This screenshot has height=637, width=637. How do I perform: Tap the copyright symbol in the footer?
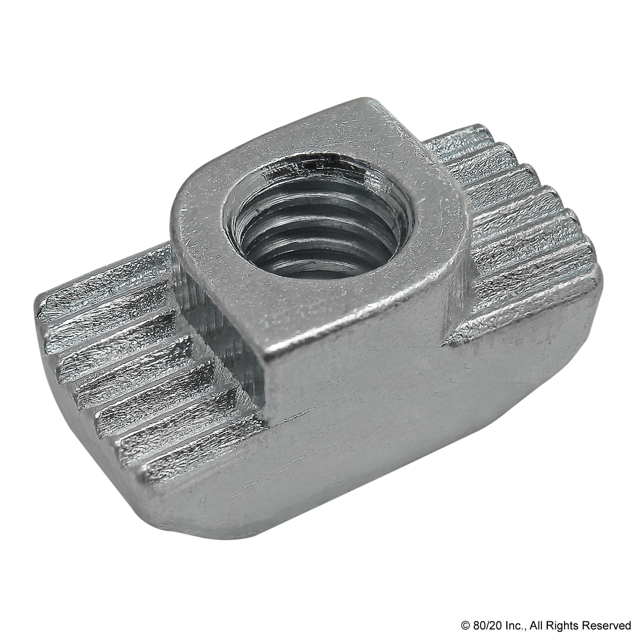point(464,624)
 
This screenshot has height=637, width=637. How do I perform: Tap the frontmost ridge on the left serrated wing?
point(195,455)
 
